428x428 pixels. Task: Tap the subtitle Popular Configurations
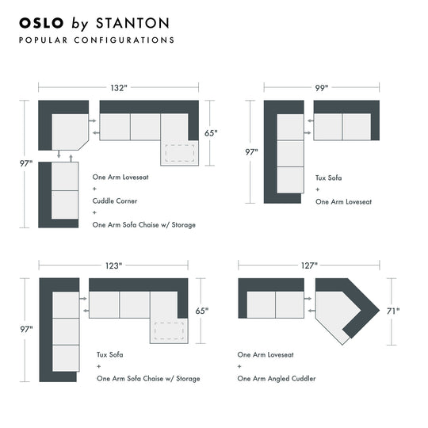(96, 40)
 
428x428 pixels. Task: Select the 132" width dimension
(118, 88)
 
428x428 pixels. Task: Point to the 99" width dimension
(322, 88)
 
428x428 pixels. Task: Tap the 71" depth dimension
(393, 311)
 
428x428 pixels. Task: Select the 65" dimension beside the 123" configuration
(201, 311)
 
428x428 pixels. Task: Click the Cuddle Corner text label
(114, 201)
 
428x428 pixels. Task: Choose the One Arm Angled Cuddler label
(277, 379)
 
